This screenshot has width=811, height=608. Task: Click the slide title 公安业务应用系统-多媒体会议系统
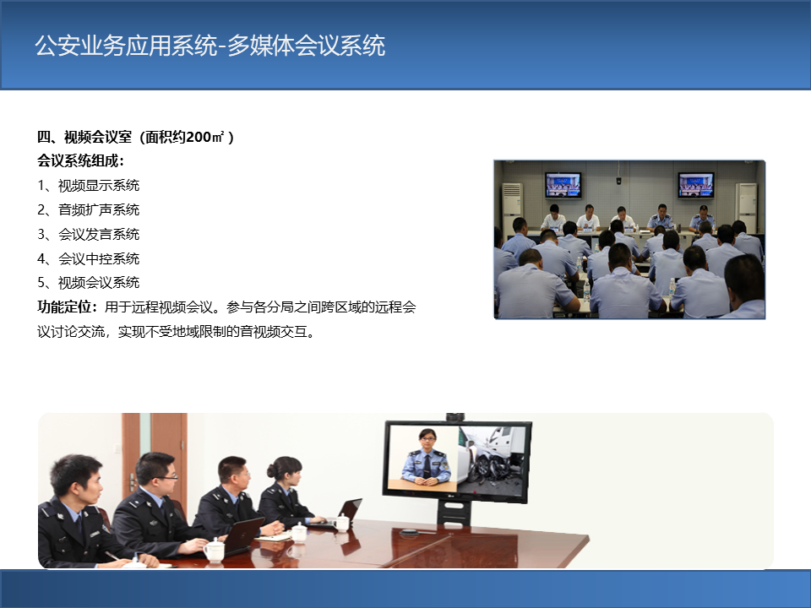pyautogui.click(x=210, y=46)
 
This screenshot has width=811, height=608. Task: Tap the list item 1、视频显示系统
pyautogui.click(x=89, y=185)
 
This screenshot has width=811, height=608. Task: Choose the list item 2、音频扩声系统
pyautogui.click(x=89, y=209)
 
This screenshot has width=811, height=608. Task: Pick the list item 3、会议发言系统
pyautogui.click(x=89, y=234)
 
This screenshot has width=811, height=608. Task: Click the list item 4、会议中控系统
pyautogui.click(x=89, y=258)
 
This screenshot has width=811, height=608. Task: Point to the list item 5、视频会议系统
pyautogui.click(x=89, y=283)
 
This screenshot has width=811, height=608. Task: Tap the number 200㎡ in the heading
pyautogui.click(x=205, y=137)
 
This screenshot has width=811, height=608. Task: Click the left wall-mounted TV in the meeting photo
pyautogui.click(x=563, y=185)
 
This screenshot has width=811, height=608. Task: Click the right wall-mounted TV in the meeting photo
pyautogui.click(x=696, y=185)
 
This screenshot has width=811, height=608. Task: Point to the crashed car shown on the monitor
pyautogui.click(x=492, y=458)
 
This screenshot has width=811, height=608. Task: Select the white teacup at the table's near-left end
pyautogui.click(x=214, y=550)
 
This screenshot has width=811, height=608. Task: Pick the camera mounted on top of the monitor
pyautogui.click(x=455, y=416)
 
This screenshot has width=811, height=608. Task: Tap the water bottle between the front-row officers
pyautogui.click(x=586, y=291)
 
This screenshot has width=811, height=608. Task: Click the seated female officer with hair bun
pyautogui.click(x=287, y=494)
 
